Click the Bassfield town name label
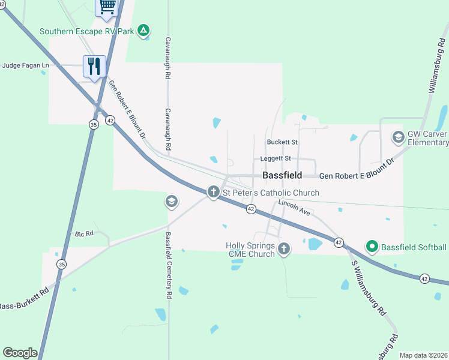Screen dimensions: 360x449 (282, 176)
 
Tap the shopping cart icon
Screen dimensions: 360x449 (107, 6)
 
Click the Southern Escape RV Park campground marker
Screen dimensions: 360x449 (143, 30)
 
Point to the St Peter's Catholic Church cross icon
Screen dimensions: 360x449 (213, 192)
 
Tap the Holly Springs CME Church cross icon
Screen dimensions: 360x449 (284, 248)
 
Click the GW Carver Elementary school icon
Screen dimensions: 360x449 (397, 137)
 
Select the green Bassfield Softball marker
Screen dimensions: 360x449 (372, 246)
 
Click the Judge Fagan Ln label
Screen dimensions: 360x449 (26, 65)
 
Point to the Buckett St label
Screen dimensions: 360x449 (282, 142)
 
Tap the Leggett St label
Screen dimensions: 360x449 (276, 158)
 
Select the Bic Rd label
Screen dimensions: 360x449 (85, 233)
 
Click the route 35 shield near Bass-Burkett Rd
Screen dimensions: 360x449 (61, 264)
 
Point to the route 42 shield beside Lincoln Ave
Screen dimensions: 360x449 (251, 208)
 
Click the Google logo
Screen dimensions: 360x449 (20, 352)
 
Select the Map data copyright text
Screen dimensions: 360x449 (423, 355)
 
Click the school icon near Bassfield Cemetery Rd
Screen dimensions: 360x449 (171, 202)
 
